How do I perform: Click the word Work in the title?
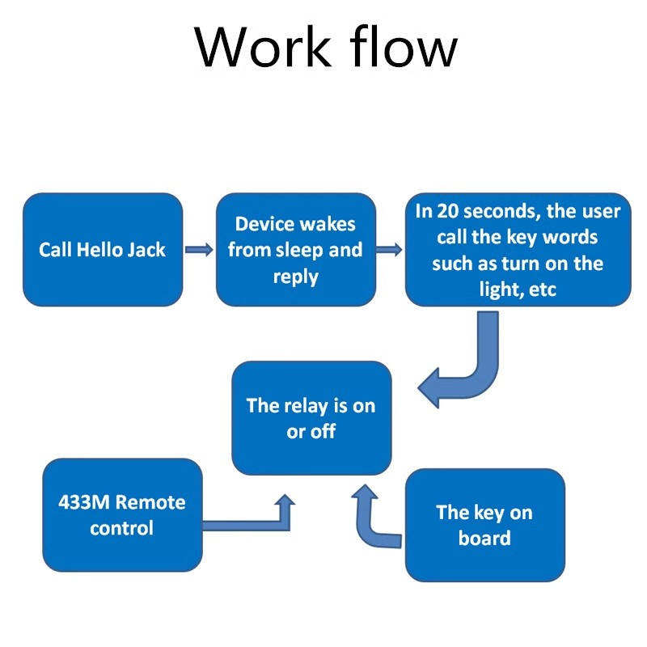click(262, 46)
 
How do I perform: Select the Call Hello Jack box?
click(103, 250)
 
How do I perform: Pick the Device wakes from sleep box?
click(296, 250)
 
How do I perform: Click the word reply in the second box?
click(296, 277)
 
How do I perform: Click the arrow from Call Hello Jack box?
click(199, 249)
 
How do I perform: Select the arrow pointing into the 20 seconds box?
click(389, 249)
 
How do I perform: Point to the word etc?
click(542, 290)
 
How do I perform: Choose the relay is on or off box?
click(311, 418)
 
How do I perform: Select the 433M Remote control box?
click(123, 515)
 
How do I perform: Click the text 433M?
click(84, 502)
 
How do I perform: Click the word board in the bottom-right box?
click(484, 538)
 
